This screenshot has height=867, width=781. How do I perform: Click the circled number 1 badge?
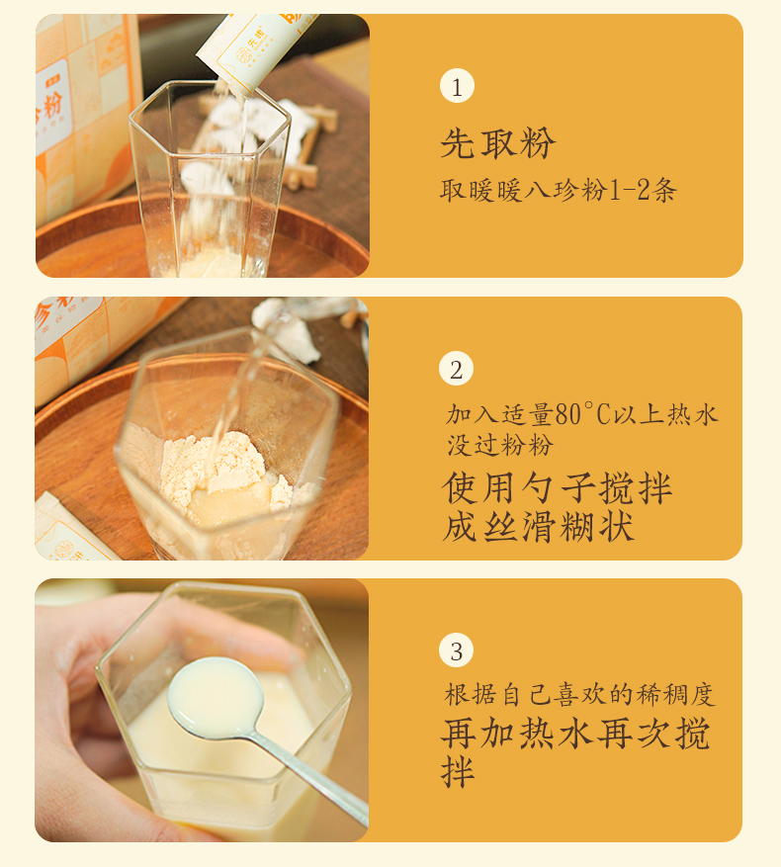tap(457, 86)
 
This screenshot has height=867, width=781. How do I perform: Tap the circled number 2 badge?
tap(457, 369)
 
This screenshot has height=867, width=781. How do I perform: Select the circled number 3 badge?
tap(457, 650)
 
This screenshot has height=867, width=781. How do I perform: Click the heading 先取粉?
tap(498, 143)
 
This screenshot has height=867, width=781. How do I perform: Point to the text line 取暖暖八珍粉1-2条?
tap(559, 191)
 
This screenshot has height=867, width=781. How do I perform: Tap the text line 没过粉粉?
tap(500, 446)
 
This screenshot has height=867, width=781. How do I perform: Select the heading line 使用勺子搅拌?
tap(557, 488)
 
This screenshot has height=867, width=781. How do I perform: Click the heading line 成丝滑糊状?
tap(538, 526)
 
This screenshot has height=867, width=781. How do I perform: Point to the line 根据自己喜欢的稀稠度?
tap(579, 695)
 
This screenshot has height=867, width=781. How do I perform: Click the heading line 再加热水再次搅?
tap(575, 735)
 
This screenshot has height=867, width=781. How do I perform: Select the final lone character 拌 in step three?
tap(458, 771)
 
